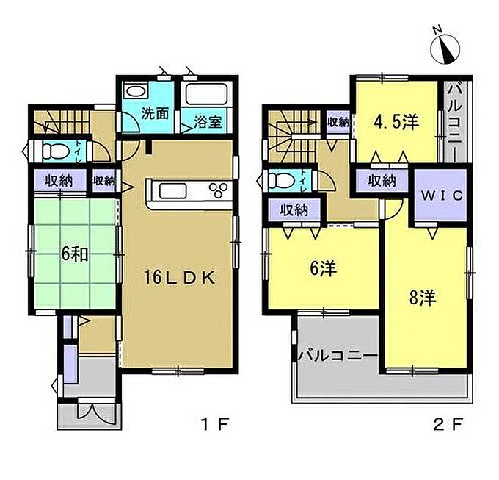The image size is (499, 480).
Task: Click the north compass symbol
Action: tap(445, 47)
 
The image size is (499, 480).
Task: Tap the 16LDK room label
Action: tap(180, 278)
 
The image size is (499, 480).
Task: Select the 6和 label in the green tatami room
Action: tap(75, 254)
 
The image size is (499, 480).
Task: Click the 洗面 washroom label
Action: tap(155, 113)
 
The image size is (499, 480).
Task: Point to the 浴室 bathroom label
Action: tap(208, 121)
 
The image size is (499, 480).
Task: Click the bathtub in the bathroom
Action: tap(206, 94)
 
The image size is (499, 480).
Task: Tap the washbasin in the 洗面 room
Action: tap(136, 91)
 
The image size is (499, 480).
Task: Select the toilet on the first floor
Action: tap(56, 151)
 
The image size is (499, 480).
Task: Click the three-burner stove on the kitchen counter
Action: tap(219, 190)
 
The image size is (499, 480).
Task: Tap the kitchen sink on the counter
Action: tap(172, 191)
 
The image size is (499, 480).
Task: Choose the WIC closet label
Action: tap(442, 195)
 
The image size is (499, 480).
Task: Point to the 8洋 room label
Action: tap(423, 298)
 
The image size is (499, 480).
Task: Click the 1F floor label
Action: tap(215, 425)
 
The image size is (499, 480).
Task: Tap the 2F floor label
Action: tap(448, 425)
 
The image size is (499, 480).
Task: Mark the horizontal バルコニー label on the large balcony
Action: tap(338, 355)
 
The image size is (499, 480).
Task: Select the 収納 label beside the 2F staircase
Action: tap(338, 122)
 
